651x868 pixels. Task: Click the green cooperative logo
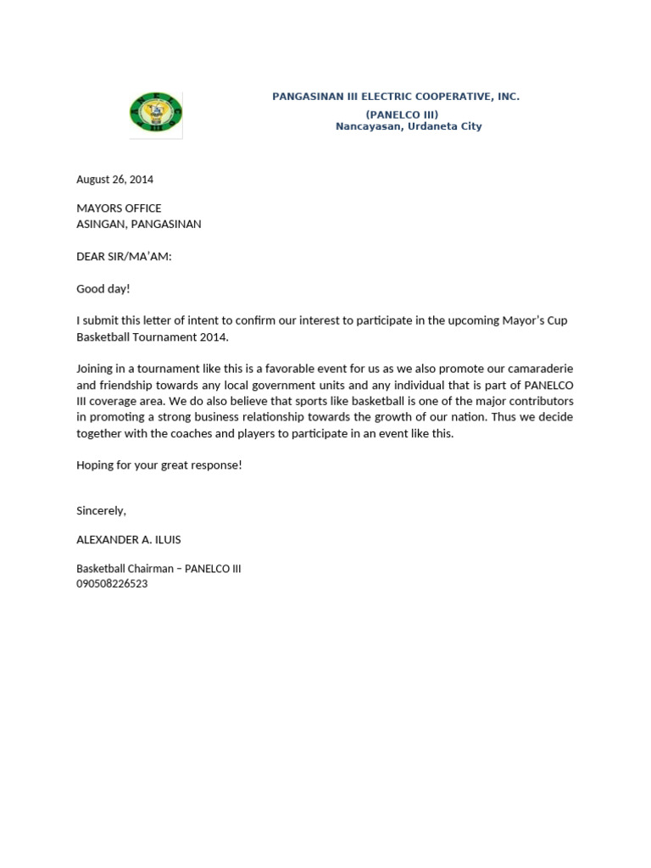156,114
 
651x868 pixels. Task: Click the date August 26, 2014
114,180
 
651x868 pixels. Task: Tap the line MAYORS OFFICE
119,209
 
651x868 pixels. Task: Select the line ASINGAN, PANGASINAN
139,225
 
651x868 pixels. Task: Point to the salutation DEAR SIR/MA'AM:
124,257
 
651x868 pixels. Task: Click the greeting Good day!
103,289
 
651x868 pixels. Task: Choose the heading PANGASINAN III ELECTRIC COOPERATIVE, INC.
395,97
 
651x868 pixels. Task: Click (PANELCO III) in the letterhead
402,114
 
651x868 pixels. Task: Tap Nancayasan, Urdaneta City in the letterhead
408,126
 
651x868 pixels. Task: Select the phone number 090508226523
112,584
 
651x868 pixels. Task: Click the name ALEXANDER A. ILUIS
129,540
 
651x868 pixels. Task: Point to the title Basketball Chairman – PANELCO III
159,569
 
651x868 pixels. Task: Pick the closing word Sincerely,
101,511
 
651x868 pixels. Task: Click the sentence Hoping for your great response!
159,465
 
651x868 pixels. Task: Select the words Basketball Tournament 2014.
153,337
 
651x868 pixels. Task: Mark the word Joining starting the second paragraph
96,369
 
